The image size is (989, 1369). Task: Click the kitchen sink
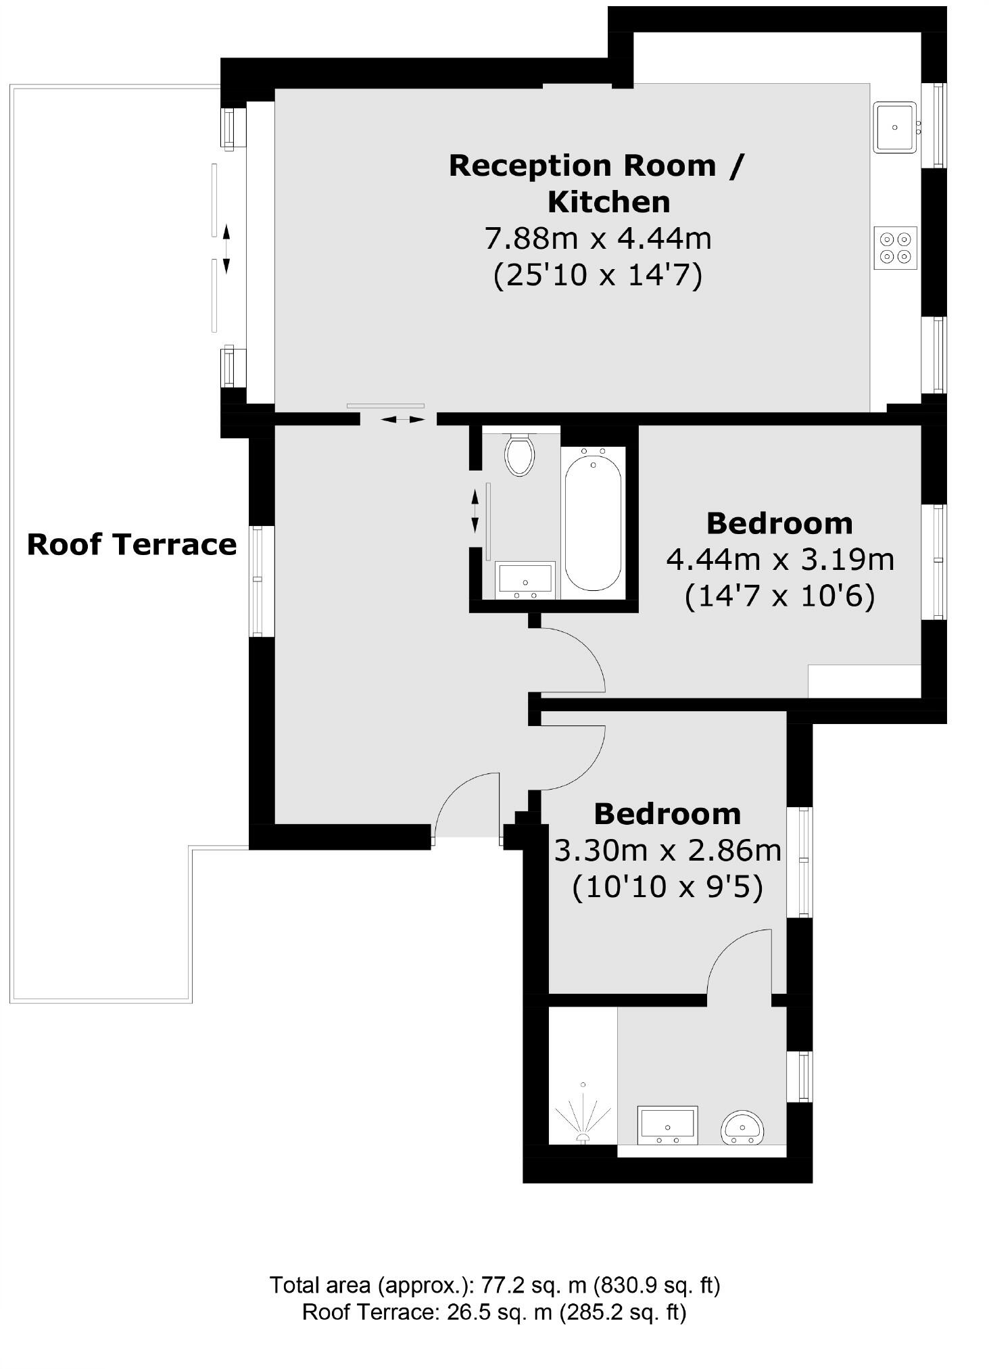coord(894,127)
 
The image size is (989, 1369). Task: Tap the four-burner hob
coord(895,247)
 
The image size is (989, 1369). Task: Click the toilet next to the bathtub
coord(519,455)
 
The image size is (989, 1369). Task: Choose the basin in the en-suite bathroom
coord(667,1126)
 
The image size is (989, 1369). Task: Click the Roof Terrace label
coord(132,544)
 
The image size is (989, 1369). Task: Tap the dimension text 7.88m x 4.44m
coord(598,238)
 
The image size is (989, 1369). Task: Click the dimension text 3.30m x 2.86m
coord(667,850)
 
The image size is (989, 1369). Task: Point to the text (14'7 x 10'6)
coord(779,596)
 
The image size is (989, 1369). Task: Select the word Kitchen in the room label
coord(608,201)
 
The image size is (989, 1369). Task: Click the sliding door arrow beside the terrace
coord(226,249)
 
